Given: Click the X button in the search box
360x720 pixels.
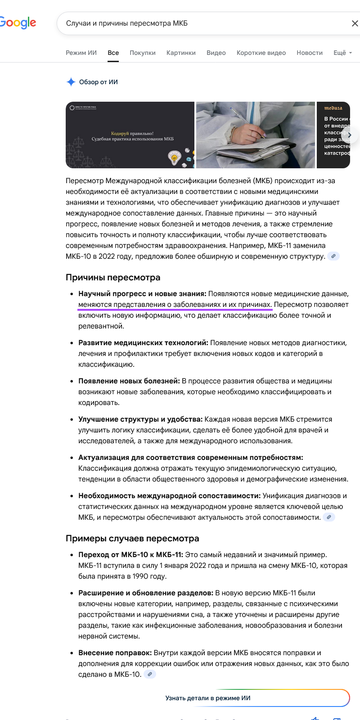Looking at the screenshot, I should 354,23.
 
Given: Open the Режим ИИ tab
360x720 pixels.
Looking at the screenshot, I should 81,53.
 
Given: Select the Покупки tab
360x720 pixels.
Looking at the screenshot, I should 143,53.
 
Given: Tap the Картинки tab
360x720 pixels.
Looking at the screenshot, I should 181,53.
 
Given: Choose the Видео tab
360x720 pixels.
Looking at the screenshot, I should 216,53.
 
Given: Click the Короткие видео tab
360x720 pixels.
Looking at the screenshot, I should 261,53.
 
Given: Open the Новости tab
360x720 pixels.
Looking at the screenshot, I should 310,53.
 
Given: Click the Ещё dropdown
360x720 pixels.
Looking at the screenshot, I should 342,53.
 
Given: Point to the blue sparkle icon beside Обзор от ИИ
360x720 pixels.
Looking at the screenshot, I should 71,82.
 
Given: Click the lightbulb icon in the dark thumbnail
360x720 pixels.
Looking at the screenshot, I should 175,157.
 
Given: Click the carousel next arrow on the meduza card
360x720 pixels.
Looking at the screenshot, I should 350,135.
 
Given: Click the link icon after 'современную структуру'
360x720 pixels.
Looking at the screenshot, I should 333,256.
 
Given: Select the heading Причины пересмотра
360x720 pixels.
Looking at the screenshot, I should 113,277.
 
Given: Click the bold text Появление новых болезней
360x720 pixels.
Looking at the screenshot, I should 129,381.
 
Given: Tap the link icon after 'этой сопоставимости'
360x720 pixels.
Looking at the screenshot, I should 329,517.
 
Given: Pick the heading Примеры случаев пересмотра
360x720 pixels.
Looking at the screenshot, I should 132,538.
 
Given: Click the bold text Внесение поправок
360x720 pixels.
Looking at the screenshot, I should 115,652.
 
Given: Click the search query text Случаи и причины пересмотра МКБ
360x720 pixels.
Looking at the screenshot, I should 127,23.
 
